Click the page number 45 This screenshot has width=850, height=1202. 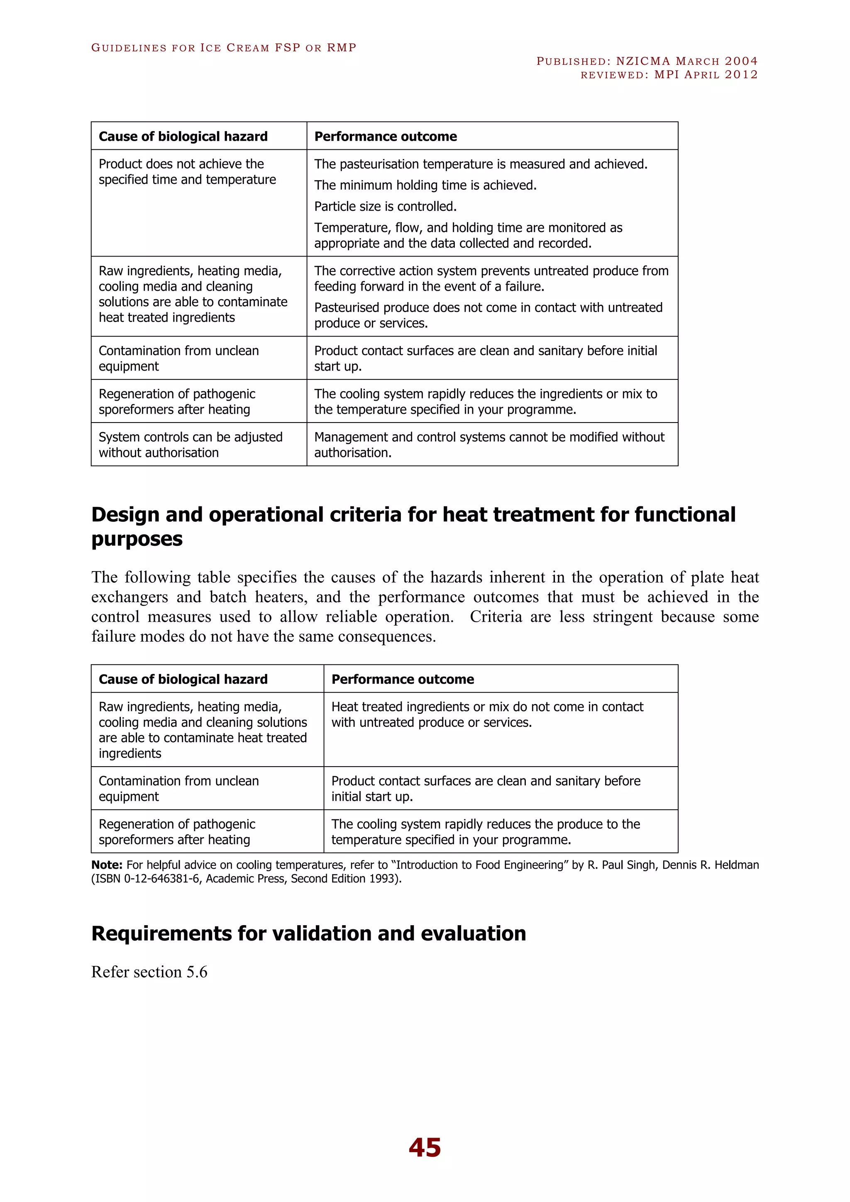pyautogui.click(x=425, y=1147)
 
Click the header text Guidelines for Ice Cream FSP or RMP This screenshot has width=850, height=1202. pyautogui.click(x=223, y=48)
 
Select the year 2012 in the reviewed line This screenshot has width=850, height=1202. pyautogui.click(x=741, y=74)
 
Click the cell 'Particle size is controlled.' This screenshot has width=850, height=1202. pyautogui.click(x=385, y=206)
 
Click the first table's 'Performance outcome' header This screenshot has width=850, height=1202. pyautogui.click(x=385, y=137)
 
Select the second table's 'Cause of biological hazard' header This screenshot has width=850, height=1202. pyautogui.click(x=183, y=679)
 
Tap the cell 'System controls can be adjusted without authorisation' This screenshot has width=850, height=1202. pyautogui.click(x=191, y=445)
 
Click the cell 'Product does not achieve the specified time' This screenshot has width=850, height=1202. pyautogui.click(x=187, y=172)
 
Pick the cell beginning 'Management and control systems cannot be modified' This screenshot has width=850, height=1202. pyautogui.click(x=489, y=445)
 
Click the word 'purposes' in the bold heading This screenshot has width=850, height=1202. pyautogui.click(x=137, y=539)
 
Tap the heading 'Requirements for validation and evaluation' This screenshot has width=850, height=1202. pyautogui.click(x=308, y=933)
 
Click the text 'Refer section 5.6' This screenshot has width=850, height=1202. pyautogui.click(x=149, y=972)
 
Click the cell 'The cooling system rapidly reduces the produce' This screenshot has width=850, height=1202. pyautogui.click(x=485, y=831)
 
